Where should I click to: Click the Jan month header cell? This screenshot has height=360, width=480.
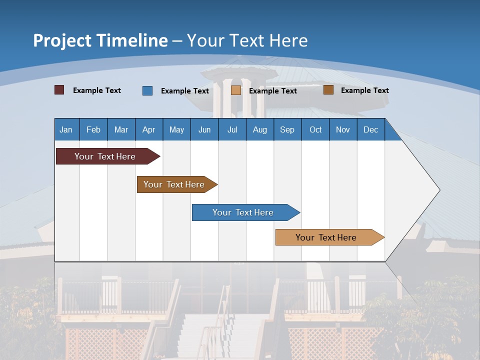click(x=66, y=129)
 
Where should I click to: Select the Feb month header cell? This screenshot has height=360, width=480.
click(x=93, y=129)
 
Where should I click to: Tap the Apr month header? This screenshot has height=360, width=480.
click(x=149, y=129)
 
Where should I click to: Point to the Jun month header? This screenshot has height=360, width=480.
click(x=204, y=129)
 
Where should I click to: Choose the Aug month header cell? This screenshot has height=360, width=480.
click(x=260, y=129)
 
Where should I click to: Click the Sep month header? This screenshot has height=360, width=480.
click(x=287, y=129)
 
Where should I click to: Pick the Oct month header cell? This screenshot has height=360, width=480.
click(x=315, y=129)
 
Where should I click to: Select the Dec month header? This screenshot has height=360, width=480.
click(x=371, y=129)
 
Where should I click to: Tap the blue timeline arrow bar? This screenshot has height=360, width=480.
click(x=243, y=212)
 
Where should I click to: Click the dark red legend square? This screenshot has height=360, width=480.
click(x=59, y=90)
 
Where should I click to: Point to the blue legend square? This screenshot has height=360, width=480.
click(x=147, y=90)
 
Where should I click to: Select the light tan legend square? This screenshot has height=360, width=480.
click(x=236, y=90)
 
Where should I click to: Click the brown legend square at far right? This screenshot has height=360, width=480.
click(x=328, y=90)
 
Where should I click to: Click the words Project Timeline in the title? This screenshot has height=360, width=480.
click(x=100, y=40)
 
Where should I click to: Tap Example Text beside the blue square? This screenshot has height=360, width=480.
click(x=185, y=91)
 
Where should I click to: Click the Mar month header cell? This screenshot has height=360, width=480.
click(x=121, y=129)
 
